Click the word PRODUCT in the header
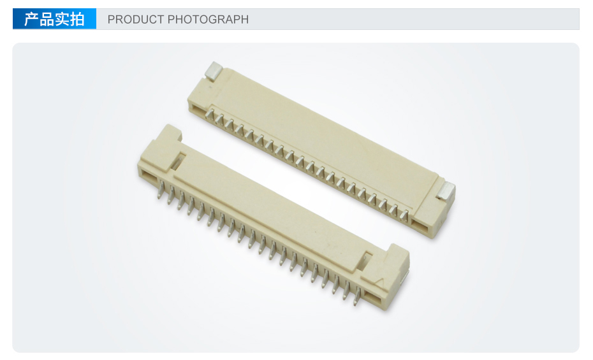coord(136,19)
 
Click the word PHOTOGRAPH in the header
coord(208,19)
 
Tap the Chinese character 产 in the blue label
coord(31,19)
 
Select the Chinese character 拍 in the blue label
coord(77,19)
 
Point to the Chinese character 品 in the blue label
coord(47,19)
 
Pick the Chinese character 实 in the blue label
coord(62,19)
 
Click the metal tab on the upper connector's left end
coord(214,71)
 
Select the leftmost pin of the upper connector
coord(210,114)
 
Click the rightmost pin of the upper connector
coord(404,215)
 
